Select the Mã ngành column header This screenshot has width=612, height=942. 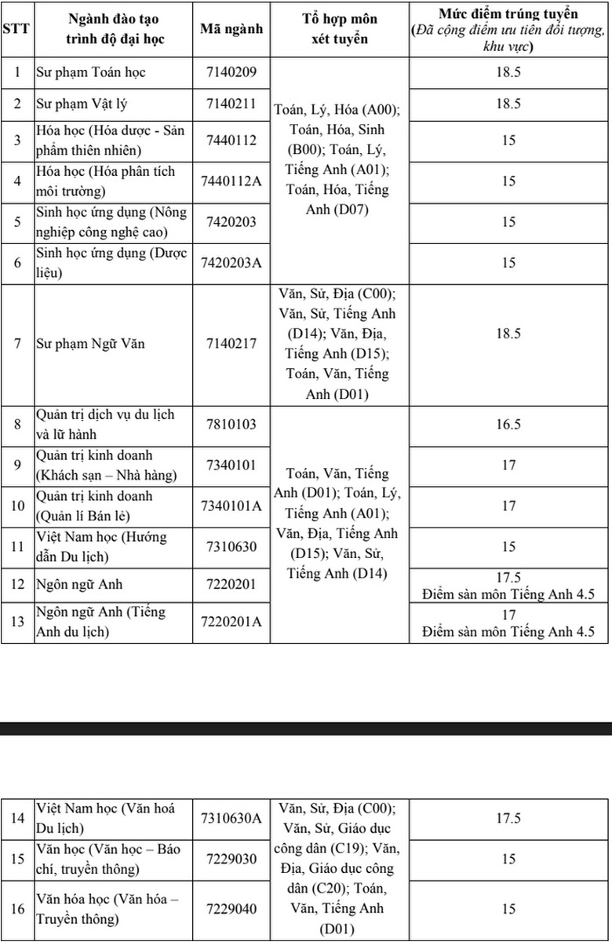tap(231, 29)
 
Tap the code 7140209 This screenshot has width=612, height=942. tap(231, 72)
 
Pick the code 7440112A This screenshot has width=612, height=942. tap(231, 181)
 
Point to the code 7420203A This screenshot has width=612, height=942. tap(231, 262)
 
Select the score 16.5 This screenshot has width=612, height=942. tap(508, 425)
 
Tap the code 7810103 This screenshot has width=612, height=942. tap(231, 425)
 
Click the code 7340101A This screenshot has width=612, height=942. tap(231, 506)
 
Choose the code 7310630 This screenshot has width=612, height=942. tap(231, 546)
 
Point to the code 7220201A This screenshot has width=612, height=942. tap(231, 622)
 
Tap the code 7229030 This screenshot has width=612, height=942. tap(231, 859)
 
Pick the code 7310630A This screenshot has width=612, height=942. tap(231, 818)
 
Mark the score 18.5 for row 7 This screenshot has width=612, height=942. tap(508, 334)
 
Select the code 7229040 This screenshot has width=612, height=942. tap(231, 909)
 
